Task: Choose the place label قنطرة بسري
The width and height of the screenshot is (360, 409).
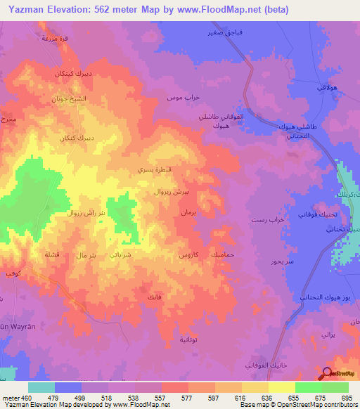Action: click(x=151, y=170)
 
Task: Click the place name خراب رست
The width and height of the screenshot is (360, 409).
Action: click(x=267, y=220)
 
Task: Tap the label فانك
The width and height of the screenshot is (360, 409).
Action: click(x=153, y=298)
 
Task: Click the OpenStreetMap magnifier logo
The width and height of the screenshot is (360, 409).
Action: click(x=327, y=374)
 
